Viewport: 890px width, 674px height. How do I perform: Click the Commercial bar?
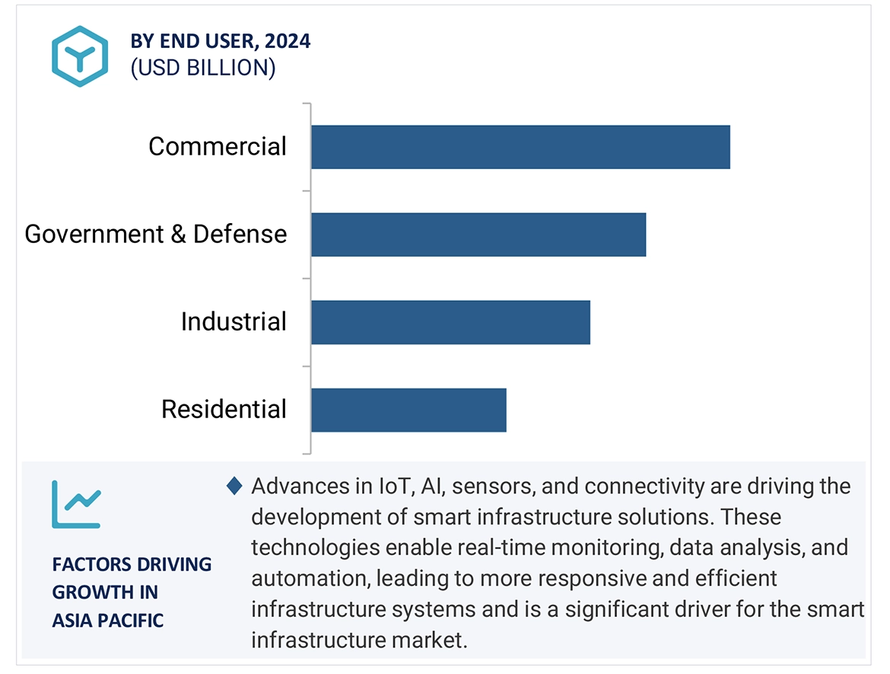point(520,147)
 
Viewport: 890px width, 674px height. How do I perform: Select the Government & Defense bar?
point(478,235)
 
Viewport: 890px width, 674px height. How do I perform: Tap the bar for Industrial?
point(450,322)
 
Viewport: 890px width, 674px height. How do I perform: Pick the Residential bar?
point(408,410)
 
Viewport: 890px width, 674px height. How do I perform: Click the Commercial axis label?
point(218,146)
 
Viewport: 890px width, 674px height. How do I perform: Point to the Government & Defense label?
point(156,234)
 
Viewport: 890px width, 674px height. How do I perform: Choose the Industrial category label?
point(234,321)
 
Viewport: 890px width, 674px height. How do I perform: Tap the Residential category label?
point(224,409)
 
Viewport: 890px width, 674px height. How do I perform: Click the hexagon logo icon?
point(80,56)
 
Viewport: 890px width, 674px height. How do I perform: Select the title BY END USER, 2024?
point(220,42)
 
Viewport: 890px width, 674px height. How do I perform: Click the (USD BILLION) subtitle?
point(203,68)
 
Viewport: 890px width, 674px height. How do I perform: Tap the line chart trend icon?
point(76,503)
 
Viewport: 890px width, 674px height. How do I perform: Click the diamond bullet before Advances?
point(234,485)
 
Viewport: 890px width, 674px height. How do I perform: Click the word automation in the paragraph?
point(309,579)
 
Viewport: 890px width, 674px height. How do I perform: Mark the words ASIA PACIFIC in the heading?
point(108,621)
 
